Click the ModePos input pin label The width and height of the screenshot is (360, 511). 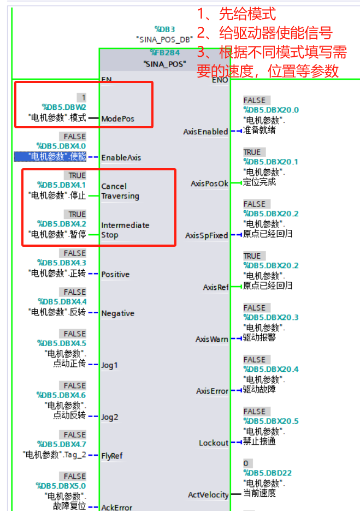click(x=117, y=118)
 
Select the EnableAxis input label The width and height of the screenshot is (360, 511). click(x=121, y=158)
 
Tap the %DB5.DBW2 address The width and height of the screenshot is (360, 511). click(x=64, y=107)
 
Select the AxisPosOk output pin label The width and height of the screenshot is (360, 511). click(x=209, y=183)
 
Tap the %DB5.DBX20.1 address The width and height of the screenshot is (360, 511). click(x=271, y=162)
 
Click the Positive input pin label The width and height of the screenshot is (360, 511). click(x=115, y=274)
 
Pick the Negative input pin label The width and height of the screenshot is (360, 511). click(x=117, y=313)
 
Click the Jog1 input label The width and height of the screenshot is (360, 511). click(x=109, y=365)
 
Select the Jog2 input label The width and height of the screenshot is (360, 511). click(x=109, y=417)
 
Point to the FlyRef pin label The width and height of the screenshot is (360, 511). click(x=111, y=456)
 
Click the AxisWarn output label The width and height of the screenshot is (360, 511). click(x=212, y=339)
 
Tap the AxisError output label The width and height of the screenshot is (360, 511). click(x=212, y=391)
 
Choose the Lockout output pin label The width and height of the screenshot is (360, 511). click(x=214, y=443)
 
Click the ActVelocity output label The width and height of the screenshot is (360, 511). click(x=208, y=495)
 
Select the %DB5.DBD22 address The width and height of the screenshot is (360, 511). click(x=267, y=473)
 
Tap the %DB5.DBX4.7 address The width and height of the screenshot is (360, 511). click(x=61, y=444)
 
